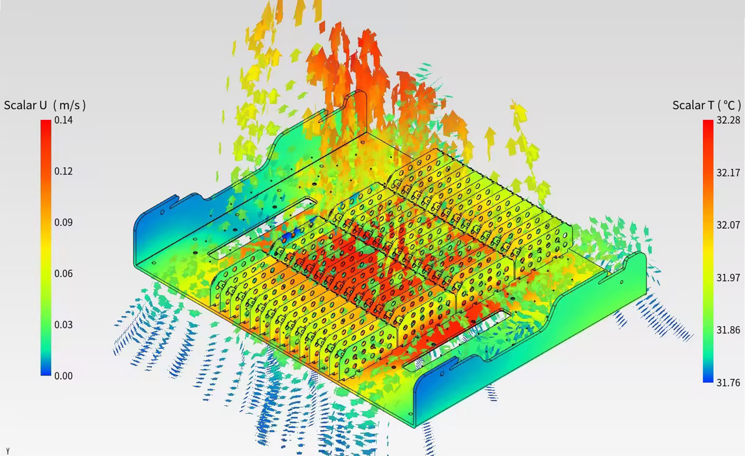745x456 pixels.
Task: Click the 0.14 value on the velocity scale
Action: [63, 120]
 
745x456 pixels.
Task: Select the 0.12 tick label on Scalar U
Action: [63, 172]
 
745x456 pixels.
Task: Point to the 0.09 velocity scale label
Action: [63, 222]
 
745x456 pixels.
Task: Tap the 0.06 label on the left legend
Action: [63, 274]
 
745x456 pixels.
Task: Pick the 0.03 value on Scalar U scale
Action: [63, 325]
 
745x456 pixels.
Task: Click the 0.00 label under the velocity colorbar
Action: [63, 376]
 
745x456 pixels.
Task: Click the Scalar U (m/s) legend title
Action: [45, 105]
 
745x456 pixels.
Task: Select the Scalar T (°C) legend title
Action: [707, 105]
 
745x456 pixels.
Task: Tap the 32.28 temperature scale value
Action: [728, 120]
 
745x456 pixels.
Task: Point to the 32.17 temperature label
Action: [728, 173]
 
